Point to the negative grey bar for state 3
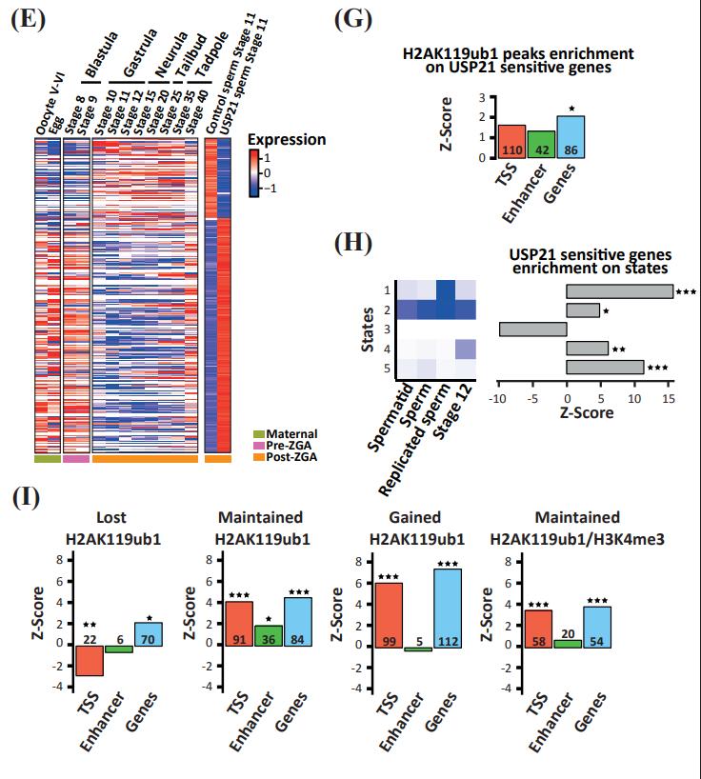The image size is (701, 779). (532, 330)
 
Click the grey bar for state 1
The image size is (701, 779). (619, 291)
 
